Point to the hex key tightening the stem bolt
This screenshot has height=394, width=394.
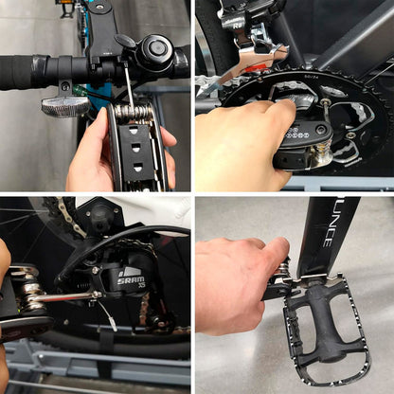coord(127,83)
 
